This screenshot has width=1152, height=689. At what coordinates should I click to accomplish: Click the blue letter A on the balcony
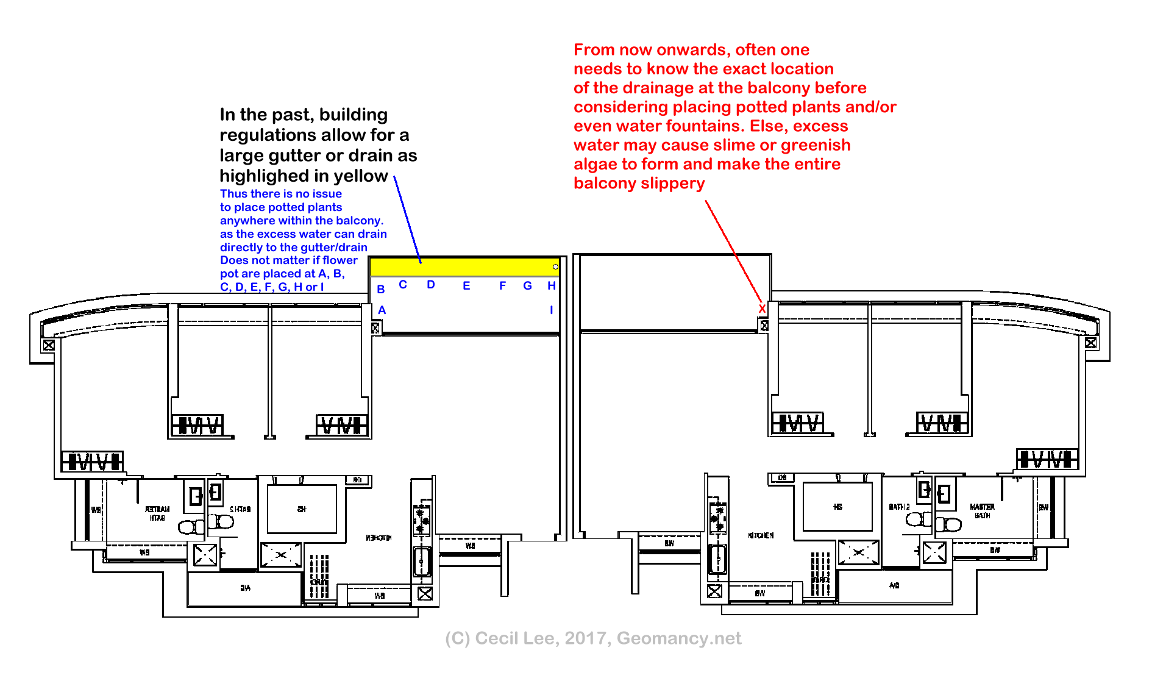(382, 310)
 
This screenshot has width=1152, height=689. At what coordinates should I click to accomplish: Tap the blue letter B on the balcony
(381, 290)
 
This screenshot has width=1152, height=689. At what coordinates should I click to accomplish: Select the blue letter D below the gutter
(431, 285)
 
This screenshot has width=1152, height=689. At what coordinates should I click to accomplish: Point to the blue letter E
(466, 286)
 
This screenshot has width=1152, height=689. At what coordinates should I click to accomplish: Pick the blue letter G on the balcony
(528, 286)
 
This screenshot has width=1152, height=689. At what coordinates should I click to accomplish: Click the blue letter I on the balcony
(552, 310)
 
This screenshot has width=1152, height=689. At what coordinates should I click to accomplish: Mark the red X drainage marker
(762, 309)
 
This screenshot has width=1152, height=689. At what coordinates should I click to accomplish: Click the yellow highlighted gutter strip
(463, 267)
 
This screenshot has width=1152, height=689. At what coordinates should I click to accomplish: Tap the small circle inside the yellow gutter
(555, 267)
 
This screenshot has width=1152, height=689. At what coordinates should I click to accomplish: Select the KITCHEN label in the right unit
(761, 535)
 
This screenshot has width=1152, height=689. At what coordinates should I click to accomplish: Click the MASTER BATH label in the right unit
(982, 511)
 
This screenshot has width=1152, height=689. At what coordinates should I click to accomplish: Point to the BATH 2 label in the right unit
(899, 507)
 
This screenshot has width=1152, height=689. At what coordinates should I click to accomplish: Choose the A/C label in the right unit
(894, 585)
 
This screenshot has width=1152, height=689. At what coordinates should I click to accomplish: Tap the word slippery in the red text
(674, 184)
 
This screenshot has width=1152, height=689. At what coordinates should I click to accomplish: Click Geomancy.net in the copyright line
(679, 638)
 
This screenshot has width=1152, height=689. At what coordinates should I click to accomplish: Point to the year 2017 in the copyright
(588, 638)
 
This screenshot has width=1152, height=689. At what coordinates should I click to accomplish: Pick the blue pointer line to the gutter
(407, 220)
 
